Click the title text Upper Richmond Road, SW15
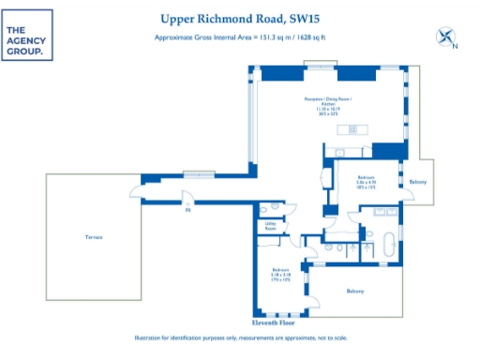point(240,18)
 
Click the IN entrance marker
point(187,210)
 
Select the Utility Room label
point(269,227)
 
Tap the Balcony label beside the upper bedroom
point(418,181)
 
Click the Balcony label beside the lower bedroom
point(354,292)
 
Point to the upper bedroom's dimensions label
point(368,185)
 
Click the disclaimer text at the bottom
point(240,337)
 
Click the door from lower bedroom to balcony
point(317,297)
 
